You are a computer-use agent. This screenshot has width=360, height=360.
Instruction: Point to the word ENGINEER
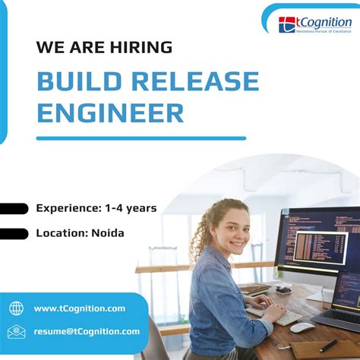click(110, 112)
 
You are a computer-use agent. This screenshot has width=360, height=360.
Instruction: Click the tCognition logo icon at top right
click(286, 24)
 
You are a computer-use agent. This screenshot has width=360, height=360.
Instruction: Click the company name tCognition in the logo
click(323, 23)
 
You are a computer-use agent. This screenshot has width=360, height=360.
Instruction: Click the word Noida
click(107, 232)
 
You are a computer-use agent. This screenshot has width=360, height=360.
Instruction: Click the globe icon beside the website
click(16, 308)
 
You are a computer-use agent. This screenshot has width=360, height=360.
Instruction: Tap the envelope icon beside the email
click(16, 331)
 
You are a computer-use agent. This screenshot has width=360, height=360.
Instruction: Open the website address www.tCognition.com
click(80, 308)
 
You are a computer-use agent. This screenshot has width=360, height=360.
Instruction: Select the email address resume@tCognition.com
click(87, 331)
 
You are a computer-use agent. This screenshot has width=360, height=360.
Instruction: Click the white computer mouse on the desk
click(302, 327)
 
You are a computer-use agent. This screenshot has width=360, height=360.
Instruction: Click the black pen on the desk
click(327, 346)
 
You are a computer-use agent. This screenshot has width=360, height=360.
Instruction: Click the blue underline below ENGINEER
click(141, 138)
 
